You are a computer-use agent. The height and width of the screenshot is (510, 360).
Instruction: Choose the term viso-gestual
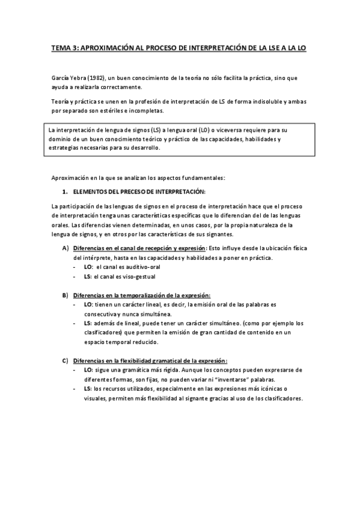coord(136,277)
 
